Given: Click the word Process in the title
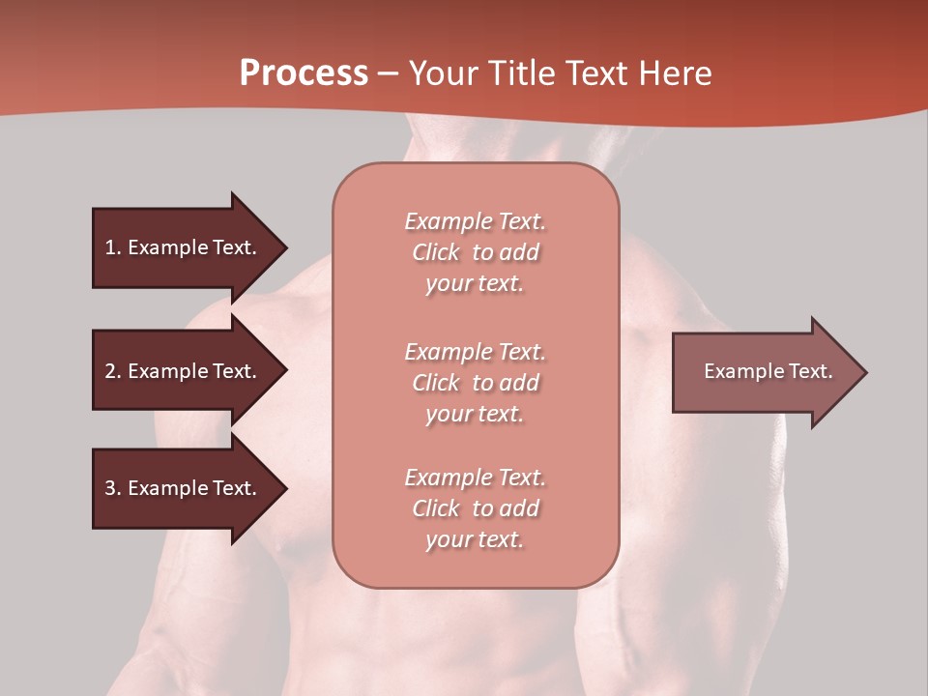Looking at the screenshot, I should (304, 73).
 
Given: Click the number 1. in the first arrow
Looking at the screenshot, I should (113, 247).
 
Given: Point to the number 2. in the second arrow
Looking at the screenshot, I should (113, 371).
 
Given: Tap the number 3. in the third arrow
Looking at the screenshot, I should (113, 488).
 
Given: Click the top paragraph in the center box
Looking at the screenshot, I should (475, 252).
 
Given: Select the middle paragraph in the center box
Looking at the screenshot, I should (475, 383).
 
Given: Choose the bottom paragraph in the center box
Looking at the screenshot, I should (475, 508).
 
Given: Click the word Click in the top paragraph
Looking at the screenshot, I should (436, 252).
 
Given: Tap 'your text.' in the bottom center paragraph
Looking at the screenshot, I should (475, 539).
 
